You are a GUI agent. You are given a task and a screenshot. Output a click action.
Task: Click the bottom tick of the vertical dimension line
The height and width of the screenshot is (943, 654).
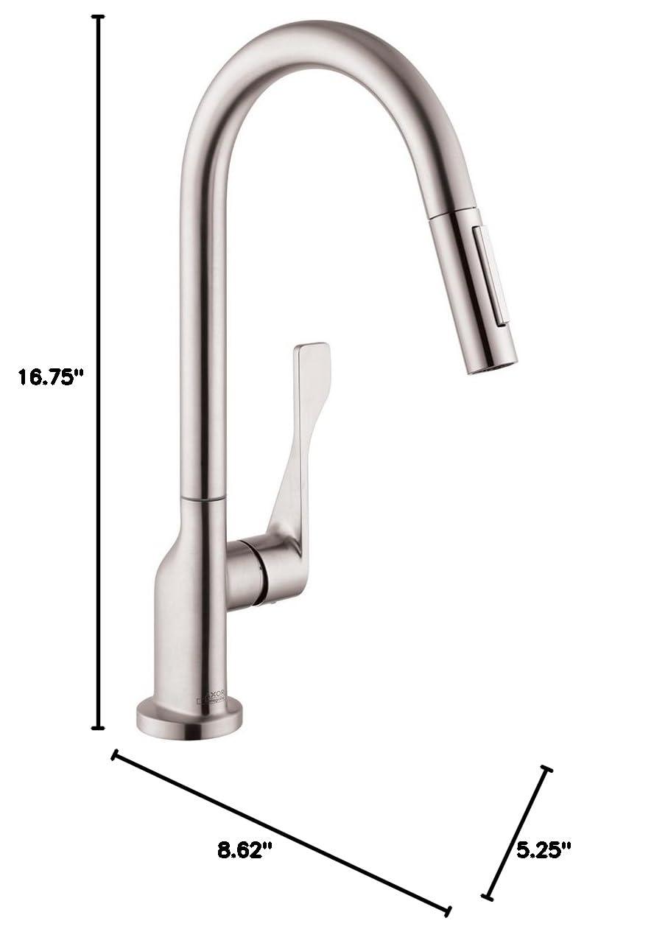click(97, 728)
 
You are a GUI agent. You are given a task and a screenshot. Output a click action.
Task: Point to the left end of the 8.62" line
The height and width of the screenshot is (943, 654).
click(114, 754)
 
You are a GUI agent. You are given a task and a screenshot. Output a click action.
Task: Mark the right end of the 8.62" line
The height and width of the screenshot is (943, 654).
click(447, 911)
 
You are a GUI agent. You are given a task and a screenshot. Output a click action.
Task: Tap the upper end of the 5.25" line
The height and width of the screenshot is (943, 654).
click(546, 769)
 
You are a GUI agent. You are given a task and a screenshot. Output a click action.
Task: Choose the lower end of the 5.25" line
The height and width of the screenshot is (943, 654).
click(487, 897)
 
